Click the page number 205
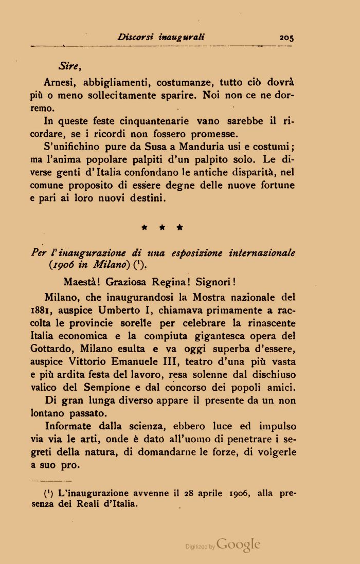(x=286, y=37)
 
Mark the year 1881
(x=40, y=311)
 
